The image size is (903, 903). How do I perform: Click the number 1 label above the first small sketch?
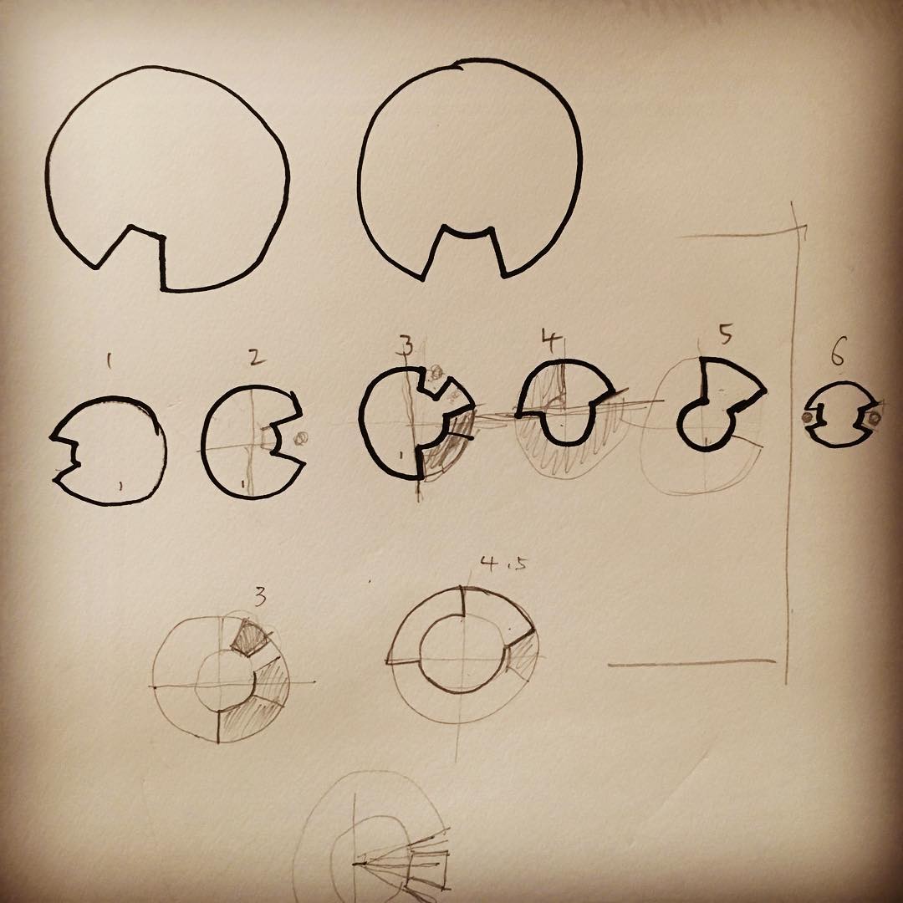tap(109, 360)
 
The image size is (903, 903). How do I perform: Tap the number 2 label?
tap(257, 357)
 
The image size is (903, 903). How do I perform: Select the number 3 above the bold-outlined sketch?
tap(406, 345)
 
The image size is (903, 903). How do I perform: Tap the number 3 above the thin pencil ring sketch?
tap(260, 597)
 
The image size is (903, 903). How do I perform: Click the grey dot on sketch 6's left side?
tap(808, 416)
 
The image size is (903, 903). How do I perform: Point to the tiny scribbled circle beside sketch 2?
tap(300, 439)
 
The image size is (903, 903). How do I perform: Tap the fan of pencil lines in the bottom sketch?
tap(403, 861)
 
